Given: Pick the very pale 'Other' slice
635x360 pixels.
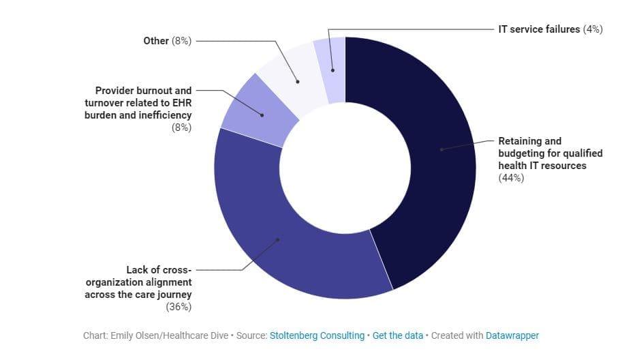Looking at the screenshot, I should pos(293,78).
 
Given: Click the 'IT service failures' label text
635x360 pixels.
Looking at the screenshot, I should pos(539,29).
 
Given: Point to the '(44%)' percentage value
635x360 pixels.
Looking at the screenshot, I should pos(511,178).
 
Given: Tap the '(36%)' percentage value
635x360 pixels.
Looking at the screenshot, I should pos(179,307).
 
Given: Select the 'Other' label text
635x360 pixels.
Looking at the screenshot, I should pos(156,41).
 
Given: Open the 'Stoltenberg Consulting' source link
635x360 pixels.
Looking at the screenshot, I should pos(317,335).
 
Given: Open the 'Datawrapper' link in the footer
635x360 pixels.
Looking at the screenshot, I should pos(512,335).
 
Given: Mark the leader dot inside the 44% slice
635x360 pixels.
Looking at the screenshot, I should pos(441,149).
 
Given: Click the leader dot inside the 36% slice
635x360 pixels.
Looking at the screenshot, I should pos(278,239).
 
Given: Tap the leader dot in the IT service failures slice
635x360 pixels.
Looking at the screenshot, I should pos(332,70).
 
